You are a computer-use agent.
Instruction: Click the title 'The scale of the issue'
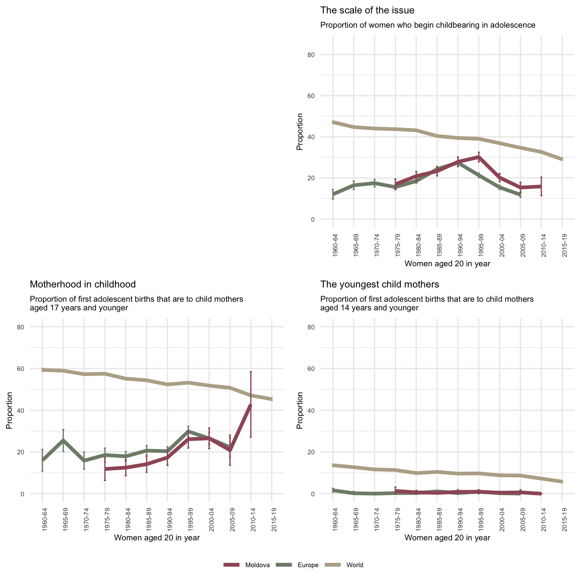point(367,10)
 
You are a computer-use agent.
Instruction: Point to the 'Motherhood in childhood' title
point(83,284)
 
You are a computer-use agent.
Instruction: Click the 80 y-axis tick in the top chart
point(324,55)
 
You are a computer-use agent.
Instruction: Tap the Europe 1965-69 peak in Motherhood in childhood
point(63,440)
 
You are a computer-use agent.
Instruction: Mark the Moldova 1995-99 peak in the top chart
point(479,157)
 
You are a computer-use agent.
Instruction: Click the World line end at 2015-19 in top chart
point(562,159)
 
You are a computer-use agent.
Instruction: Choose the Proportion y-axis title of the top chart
point(300,131)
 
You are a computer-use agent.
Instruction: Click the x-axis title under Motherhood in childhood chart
point(156,538)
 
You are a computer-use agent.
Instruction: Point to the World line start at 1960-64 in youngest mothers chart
point(333,465)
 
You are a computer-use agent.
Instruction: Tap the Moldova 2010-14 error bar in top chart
point(541,186)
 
